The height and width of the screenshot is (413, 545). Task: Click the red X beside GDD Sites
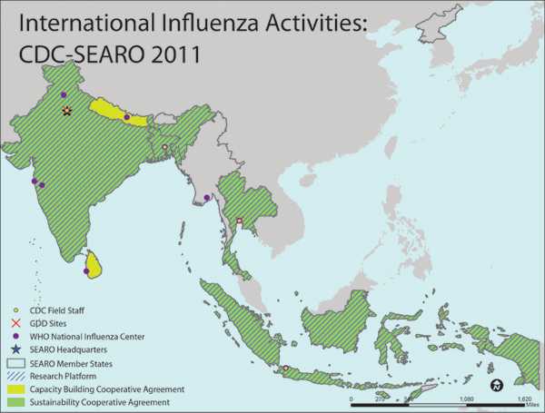pyautogui.click(x=15, y=324)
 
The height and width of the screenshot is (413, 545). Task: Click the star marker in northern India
pyautogui.click(x=66, y=111)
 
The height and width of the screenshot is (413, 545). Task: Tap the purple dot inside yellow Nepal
pyautogui.click(x=126, y=117)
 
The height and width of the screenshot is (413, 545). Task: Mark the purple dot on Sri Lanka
pyautogui.click(x=87, y=270)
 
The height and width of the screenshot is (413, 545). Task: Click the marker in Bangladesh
pyautogui.click(x=164, y=147)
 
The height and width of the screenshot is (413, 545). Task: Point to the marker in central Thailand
pyautogui.click(x=240, y=221)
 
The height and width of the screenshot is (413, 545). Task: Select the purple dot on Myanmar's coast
pyautogui.click(x=206, y=198)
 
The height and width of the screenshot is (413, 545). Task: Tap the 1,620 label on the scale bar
pyautogui.click(x=523, y=398)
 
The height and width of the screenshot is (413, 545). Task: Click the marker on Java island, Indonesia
pyautogui.click(x=286, y=368)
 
